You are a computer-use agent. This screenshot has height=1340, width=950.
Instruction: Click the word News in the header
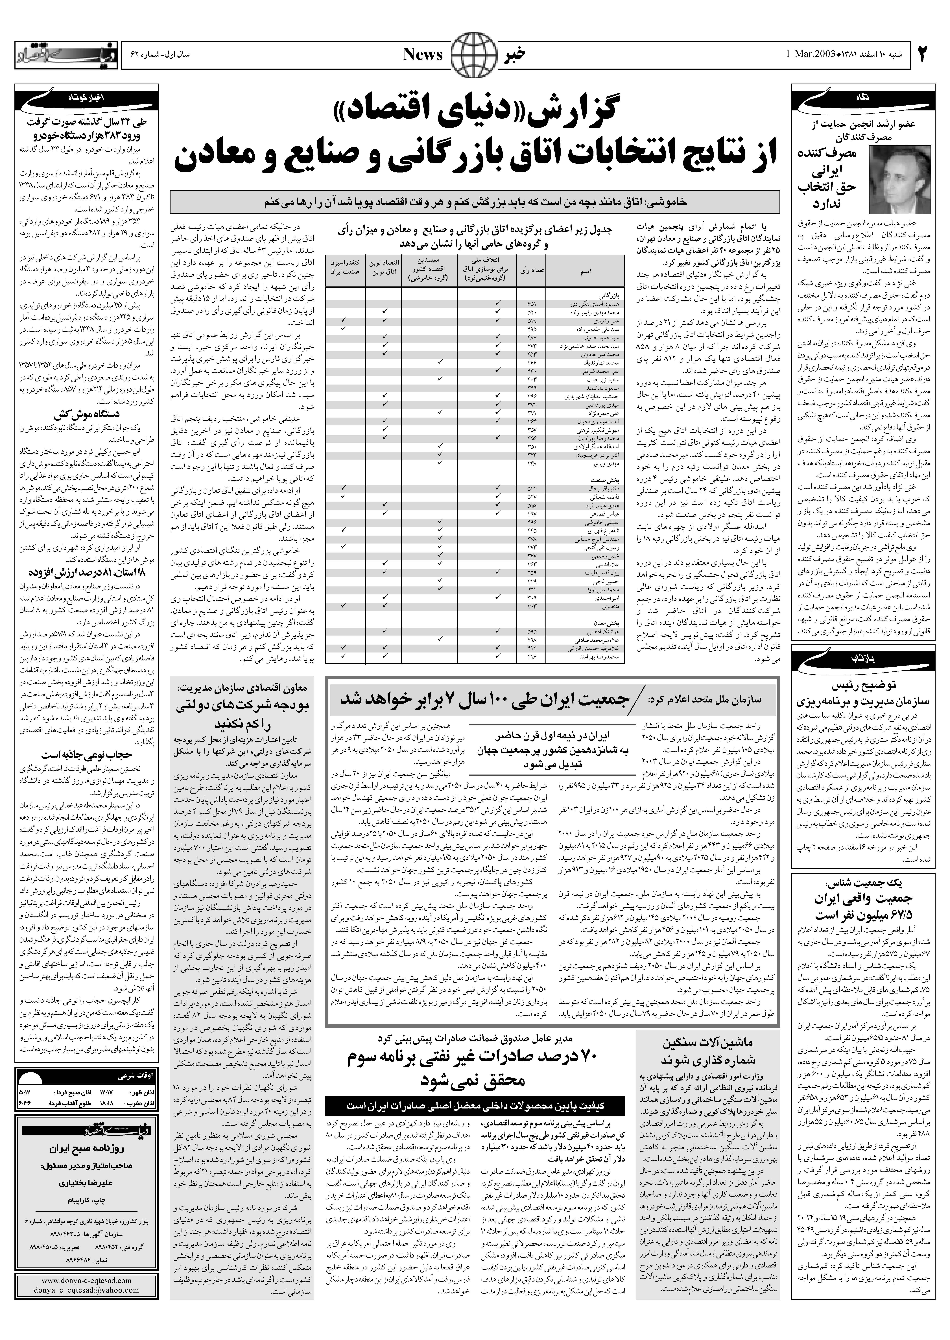coord(423,54)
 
